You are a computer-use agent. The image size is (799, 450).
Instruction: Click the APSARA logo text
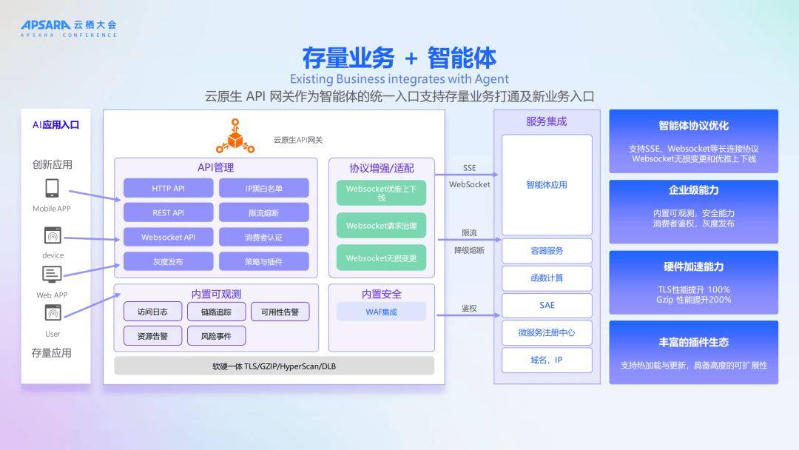pyautogui.click(x=46, y=24)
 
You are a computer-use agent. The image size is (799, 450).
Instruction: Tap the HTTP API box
pyautogui.click(x=168, y=188)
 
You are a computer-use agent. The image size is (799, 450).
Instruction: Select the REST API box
pyautogui.click(x=168, y=212)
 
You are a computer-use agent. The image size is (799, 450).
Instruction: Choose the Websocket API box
pyautogui.click(x=168, y=237)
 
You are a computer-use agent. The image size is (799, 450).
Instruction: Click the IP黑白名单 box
pyautogui.click(x=263, y=188)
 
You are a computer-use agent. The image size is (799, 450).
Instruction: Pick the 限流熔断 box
pyautogui.click(x=263, y=212)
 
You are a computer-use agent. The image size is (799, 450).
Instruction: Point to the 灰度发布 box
pyautogui.click(x=168, y=261)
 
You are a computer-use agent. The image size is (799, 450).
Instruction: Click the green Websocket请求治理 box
pyautogui.click(x=381, y=226)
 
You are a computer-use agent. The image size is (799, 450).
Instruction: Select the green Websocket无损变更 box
pyautogui.click(x=381, y=258)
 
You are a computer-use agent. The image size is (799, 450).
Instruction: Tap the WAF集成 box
pyautogui.click(x=381, y=312)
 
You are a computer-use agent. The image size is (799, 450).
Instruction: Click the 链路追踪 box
pyautogui.click(x=216, y=312)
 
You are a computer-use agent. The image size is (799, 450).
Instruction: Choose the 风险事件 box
pyautogui.click(x=216, y=336)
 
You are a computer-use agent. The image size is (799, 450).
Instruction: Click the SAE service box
pyautogui.click(x=547, y=305)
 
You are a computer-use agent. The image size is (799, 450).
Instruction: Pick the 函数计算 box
pyautogui.click(x=547, y=278)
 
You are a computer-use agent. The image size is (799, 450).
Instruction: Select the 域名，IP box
pyautogui.click(x=547, y=360)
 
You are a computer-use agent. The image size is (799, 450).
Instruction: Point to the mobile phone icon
pyautogui.click(x=52, y=188)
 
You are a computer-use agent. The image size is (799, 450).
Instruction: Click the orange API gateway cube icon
pyautogui.click(x=235, y=138)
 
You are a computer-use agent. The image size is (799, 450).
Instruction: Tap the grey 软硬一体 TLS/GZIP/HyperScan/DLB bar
pyautogui.click(x=274, y=366)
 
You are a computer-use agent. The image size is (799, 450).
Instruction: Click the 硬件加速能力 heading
pyautogui.click(x=693, y=266)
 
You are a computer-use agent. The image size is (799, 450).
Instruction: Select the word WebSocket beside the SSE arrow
pyautogui.click(x=469, y=184)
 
